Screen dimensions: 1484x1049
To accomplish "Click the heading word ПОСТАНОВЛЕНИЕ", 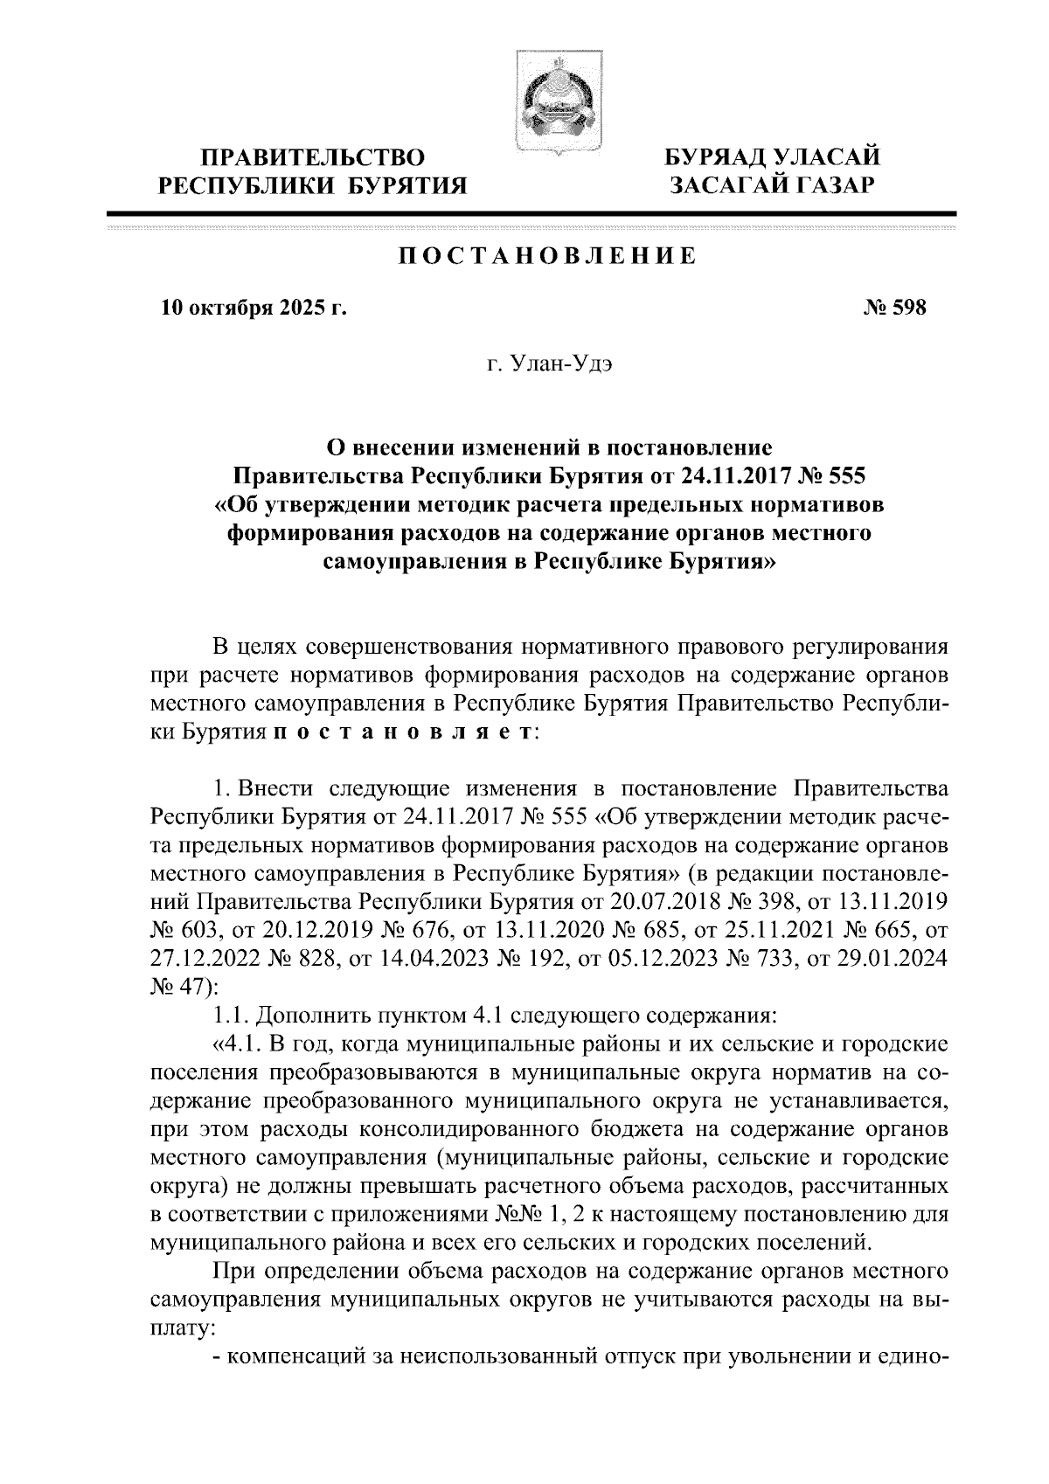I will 548,256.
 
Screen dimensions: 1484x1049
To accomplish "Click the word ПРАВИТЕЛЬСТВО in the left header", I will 313,158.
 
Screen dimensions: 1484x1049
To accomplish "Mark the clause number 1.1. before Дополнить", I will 232,1016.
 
